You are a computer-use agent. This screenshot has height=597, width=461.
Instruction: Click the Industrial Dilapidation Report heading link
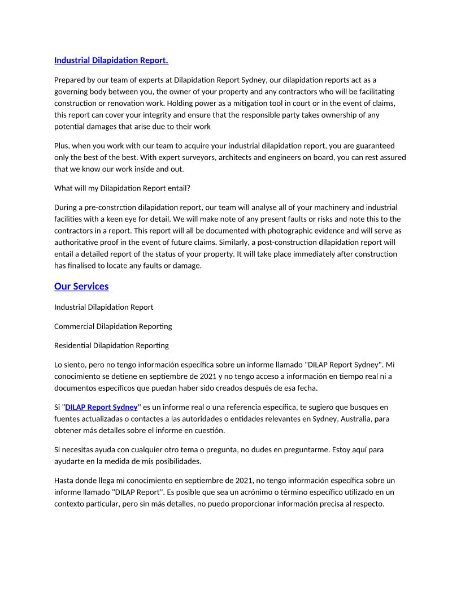(111, 60)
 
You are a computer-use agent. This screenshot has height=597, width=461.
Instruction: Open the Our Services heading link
(81, 286)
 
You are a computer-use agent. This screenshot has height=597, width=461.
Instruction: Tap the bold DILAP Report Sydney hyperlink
(102, 407)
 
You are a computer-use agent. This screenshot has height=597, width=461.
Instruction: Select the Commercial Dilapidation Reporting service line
(113, 326)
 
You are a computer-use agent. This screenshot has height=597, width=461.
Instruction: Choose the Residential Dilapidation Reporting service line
(111, 345)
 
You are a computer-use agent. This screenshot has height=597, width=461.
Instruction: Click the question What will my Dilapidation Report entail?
(122, 188)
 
